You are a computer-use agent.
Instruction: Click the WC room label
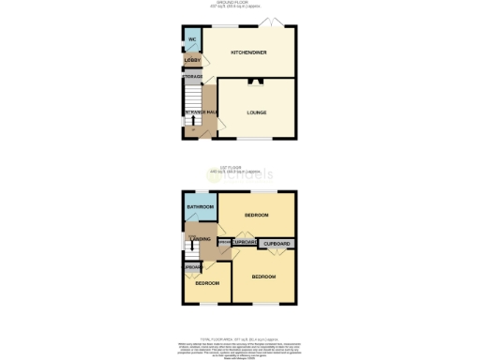pos(191,39)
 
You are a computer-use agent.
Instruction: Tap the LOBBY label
pos(192,60)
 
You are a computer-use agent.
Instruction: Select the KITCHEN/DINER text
pos(249,52)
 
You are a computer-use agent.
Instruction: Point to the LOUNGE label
pos(257,112)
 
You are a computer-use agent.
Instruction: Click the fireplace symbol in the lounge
pos(255,82)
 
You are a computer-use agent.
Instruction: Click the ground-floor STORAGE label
pos(193,77)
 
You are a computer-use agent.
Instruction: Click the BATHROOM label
pos(200,206)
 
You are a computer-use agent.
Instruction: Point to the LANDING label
pos(200,240)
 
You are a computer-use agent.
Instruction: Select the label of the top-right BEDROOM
pos(257,215)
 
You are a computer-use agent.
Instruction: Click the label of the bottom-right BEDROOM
pos(263,277)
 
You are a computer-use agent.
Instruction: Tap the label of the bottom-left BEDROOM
pos(207,282)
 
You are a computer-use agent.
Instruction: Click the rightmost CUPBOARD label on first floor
pos(277,244)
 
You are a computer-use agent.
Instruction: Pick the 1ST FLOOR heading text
pos(240,168)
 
